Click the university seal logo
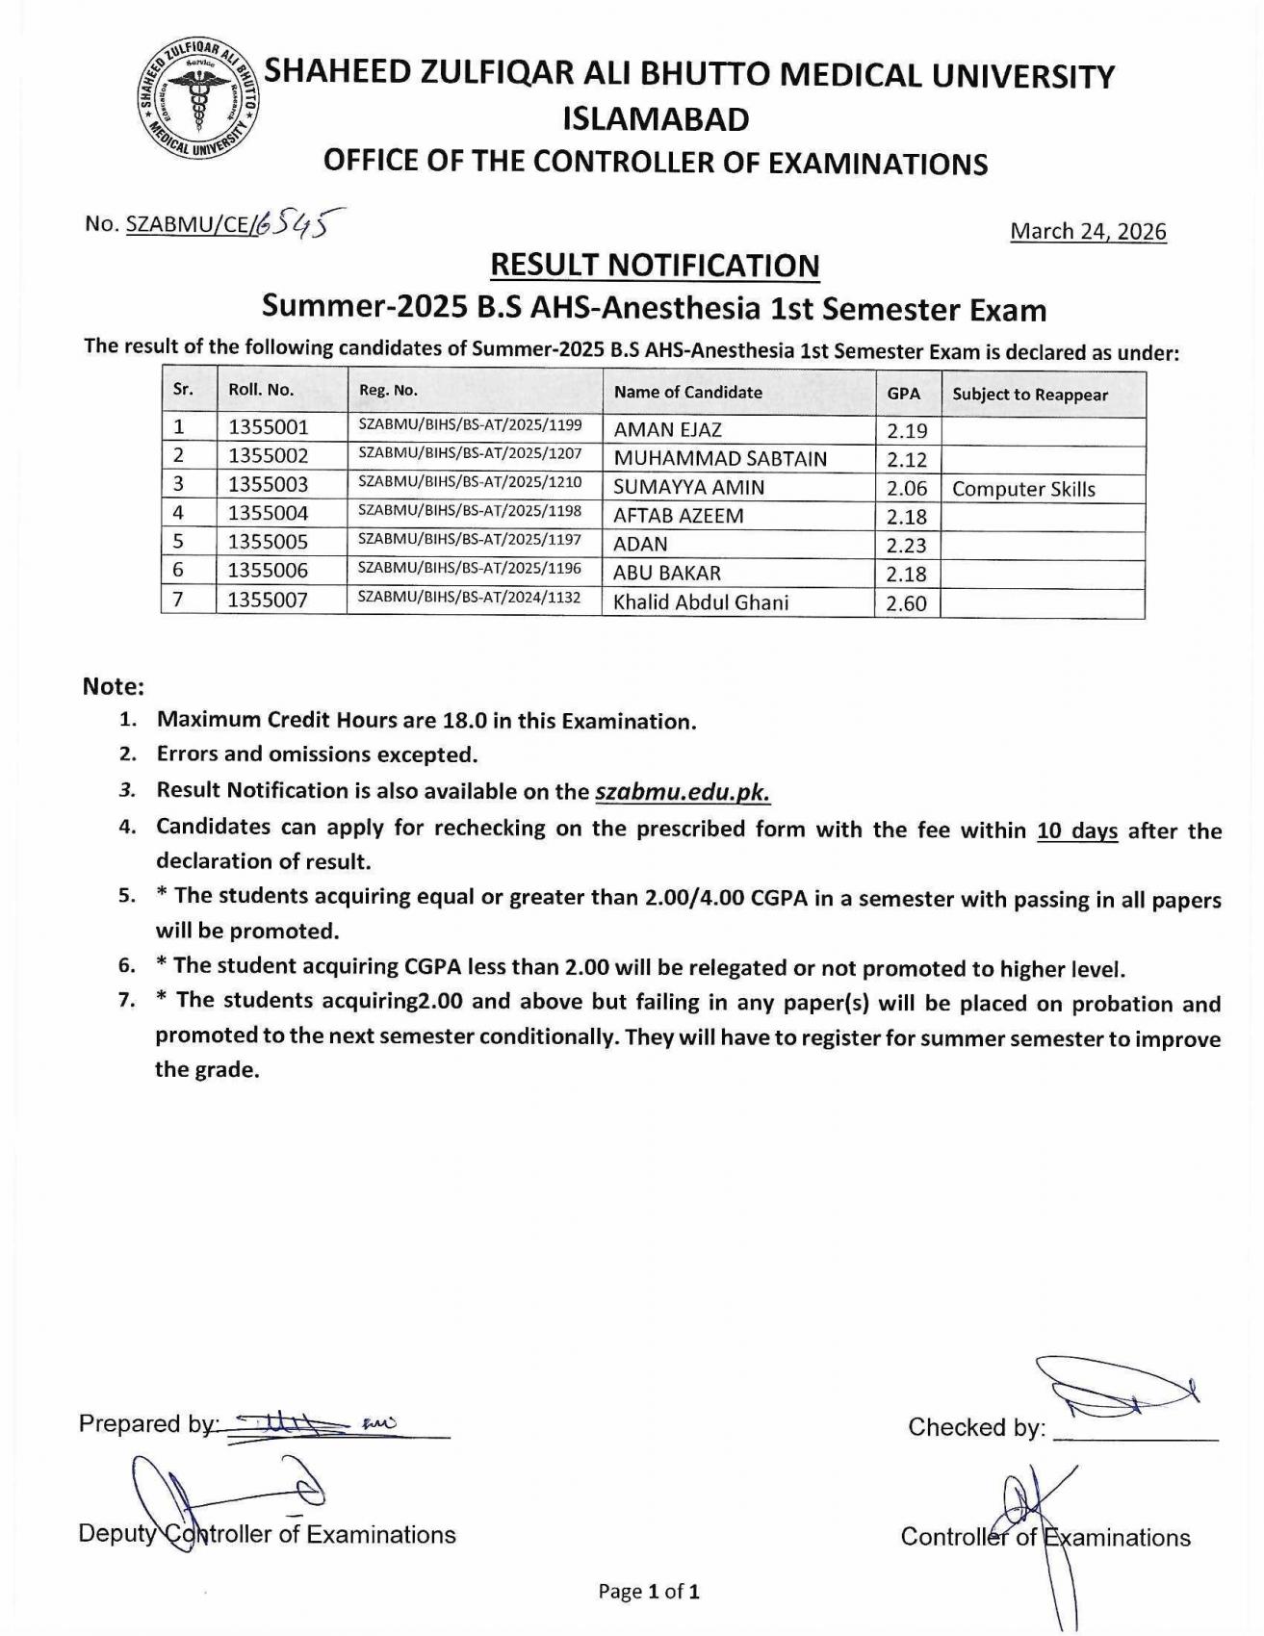point(197,100)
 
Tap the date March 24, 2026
point(1088,231)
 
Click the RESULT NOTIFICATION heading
point(655,265)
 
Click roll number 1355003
point(268,485)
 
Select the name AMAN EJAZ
point(667,430)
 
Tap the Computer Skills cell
point(1023,489)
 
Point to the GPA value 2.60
point(906,603)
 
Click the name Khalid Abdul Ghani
point(700,602)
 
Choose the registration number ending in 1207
point(470,453)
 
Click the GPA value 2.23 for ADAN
point(906,546)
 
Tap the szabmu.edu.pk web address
point(683,792)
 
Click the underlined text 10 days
point(1076,830)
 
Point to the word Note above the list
point(113,686)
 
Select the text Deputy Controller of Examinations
point(267,1534)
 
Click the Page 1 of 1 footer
point(648,1591)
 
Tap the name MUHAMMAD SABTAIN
point(719,459)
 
